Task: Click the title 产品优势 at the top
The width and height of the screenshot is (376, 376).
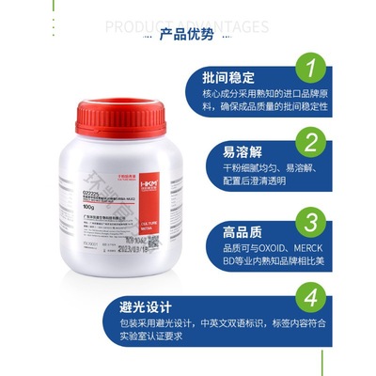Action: click(188, 36)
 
